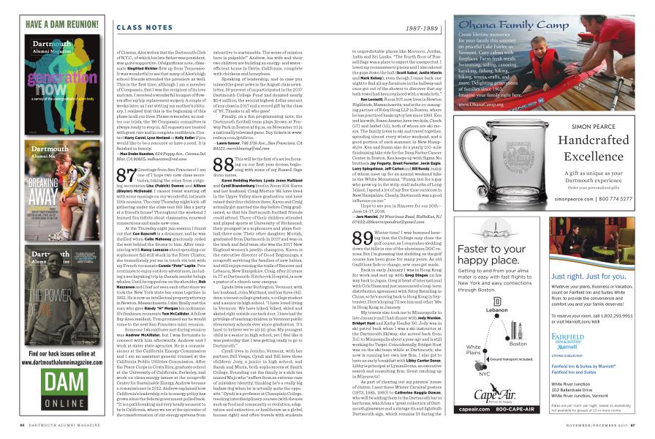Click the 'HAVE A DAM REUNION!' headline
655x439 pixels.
click(x=56, y=23)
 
